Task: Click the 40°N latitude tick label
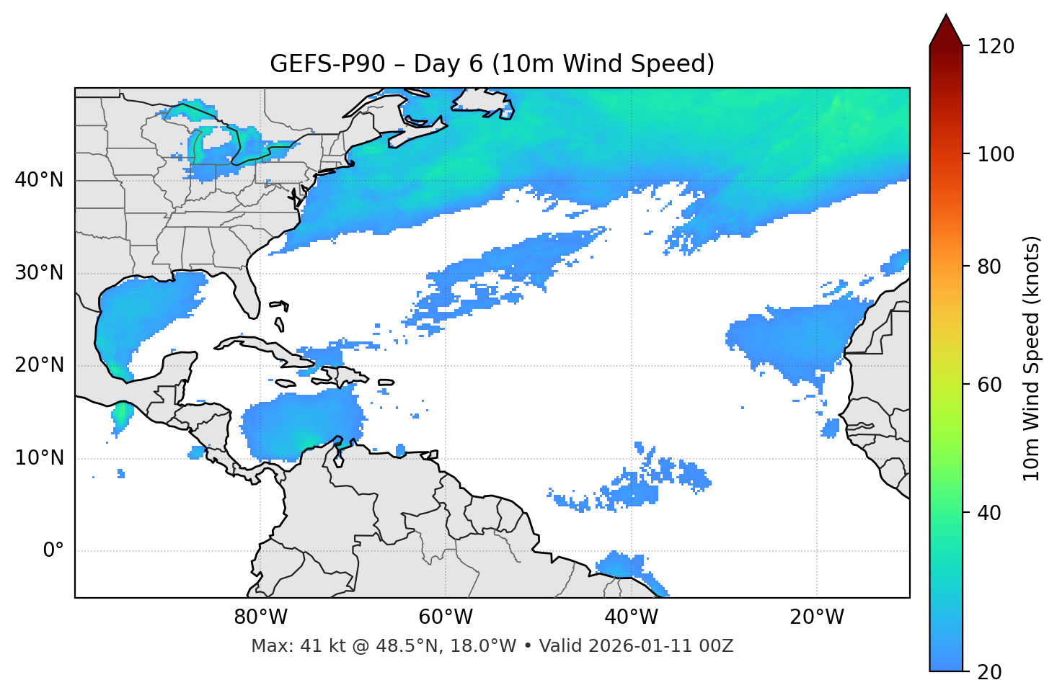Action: (39, 180)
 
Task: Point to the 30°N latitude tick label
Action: (39, 273)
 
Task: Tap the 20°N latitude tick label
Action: (39, 365)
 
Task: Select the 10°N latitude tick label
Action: (39, 458)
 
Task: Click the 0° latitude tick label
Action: (53, 551)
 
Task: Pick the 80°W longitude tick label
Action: (260, 617)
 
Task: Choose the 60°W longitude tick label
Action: (446, 617)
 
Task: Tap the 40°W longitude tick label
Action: (631, 617)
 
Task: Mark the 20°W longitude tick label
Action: (817, 617)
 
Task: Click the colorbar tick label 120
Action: (996, 47)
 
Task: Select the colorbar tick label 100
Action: (996, 154)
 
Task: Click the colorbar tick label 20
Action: (990, 672)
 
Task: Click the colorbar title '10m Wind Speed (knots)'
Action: (1032, 358)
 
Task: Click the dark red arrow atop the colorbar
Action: (946, 30)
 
